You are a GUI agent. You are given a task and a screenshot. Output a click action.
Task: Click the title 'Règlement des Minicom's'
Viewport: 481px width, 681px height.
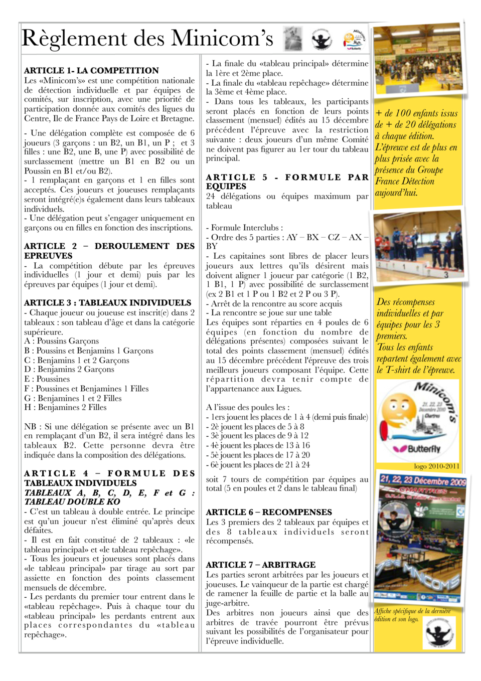point(147,39)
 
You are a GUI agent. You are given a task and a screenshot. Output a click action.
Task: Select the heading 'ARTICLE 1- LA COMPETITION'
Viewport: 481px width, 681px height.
point(91,71)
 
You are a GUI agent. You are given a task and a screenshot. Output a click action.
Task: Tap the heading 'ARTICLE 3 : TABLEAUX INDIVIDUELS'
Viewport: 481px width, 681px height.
point(107,303)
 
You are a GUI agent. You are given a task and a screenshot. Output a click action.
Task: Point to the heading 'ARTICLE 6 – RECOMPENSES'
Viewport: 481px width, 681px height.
point(269,513)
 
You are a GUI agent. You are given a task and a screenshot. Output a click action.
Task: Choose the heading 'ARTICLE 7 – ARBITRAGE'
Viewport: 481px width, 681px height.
point(261,565)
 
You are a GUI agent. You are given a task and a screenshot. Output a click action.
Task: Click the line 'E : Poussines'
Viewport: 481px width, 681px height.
point(47,379)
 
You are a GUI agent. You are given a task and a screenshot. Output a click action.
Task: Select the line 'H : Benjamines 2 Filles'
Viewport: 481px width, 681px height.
point(65,408)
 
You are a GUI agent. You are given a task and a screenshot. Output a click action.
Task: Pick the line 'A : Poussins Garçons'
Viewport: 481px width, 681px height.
point(61,342)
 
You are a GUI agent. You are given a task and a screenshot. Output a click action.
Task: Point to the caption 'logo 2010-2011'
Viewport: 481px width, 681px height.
point(436,466)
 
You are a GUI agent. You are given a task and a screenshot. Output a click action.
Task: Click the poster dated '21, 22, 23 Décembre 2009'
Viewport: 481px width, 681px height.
point(421,539)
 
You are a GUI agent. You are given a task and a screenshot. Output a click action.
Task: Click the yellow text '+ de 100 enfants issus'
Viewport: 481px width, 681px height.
point(416,113)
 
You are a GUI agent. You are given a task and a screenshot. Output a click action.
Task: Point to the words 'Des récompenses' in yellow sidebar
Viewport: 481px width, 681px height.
point(405,302)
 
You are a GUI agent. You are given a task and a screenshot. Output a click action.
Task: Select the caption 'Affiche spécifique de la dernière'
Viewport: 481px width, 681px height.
point(412,611)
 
